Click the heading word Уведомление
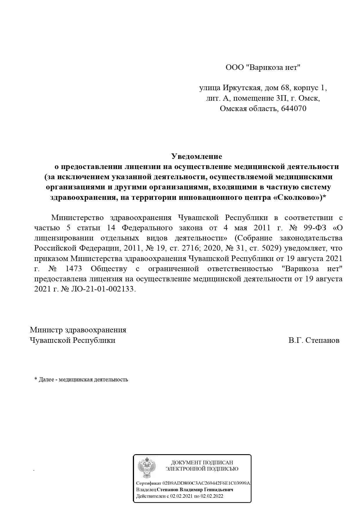pos(196,156)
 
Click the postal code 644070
pos(294,109)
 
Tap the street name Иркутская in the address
pos(242,88)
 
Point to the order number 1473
pos(74,269)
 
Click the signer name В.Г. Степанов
pos(314,340)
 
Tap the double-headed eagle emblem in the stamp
pos(147,468)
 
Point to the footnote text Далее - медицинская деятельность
pos(83,379)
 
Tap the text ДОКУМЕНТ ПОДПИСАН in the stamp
pos(202,462)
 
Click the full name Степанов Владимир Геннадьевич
pos(195,490)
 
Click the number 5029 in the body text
pos(271,248)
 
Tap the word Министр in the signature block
pos(46,330)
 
